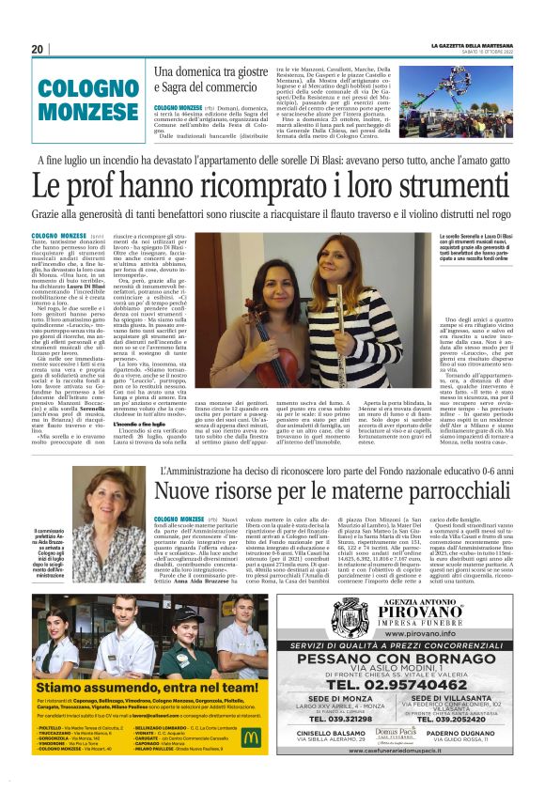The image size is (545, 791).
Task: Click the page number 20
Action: [x=38, y=49]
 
